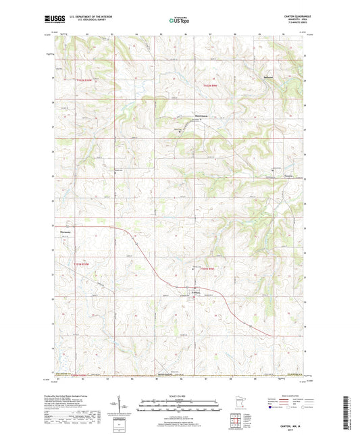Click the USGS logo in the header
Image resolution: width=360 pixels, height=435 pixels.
(54, 20)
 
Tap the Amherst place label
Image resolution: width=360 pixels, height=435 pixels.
(268, 76)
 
